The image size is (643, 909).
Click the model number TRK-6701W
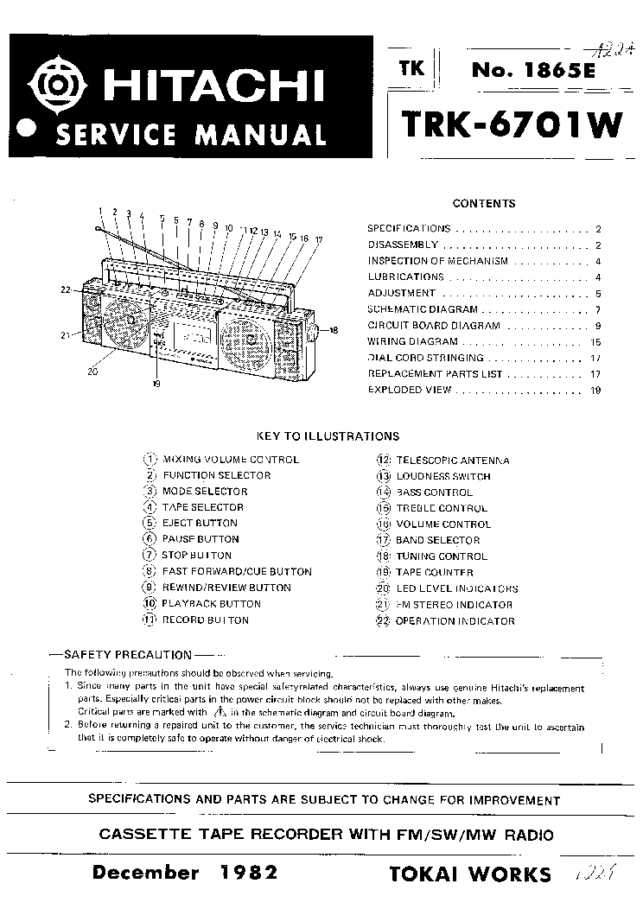511,124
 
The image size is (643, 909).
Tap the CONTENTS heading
484,204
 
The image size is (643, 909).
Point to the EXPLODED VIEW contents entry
410,390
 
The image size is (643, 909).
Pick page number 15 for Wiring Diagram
596,342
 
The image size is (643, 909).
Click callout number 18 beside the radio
334,330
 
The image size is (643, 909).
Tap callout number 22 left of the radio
65,291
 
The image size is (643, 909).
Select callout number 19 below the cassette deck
156,384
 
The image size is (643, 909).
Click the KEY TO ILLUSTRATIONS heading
328,437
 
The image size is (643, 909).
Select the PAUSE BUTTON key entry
200,539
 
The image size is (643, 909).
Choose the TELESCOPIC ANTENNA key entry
452,461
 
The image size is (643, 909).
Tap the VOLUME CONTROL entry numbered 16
443,524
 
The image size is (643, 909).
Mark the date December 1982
185,872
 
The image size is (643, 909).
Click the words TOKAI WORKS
470,874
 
